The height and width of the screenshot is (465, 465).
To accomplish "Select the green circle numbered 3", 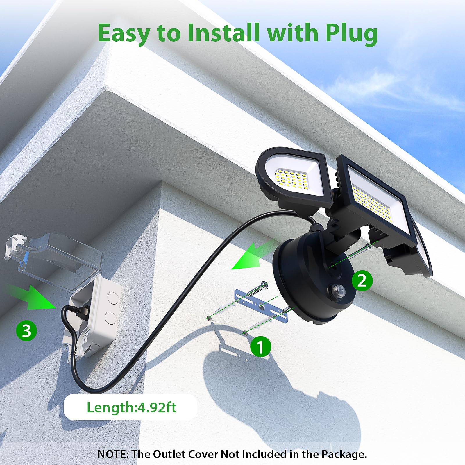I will point(26,331).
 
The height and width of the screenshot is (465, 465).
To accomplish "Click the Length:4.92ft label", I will point(131,407).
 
